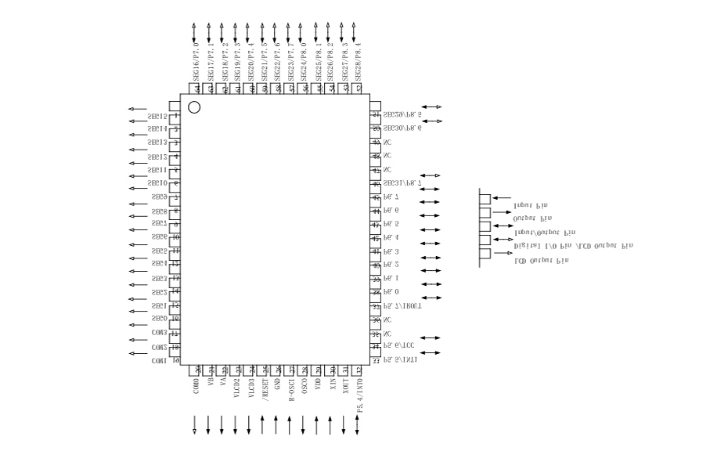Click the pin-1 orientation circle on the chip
[x=194, y=106]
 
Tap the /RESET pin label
[x=264, y=388]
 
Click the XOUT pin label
[x=345, y=388]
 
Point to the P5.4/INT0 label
[x=359, y=395]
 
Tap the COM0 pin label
[x=196, y=387]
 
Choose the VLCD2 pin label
[x=236, y=389]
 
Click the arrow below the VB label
[x=208, y=424]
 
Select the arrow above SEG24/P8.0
[x=301, y=32]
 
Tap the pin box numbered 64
[x=196, y=88]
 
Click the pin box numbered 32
[x=359, y=370]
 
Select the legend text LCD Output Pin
[x=541, y=260]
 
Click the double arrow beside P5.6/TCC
[x=431, y=339]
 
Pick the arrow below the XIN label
[x=330, y=424]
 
